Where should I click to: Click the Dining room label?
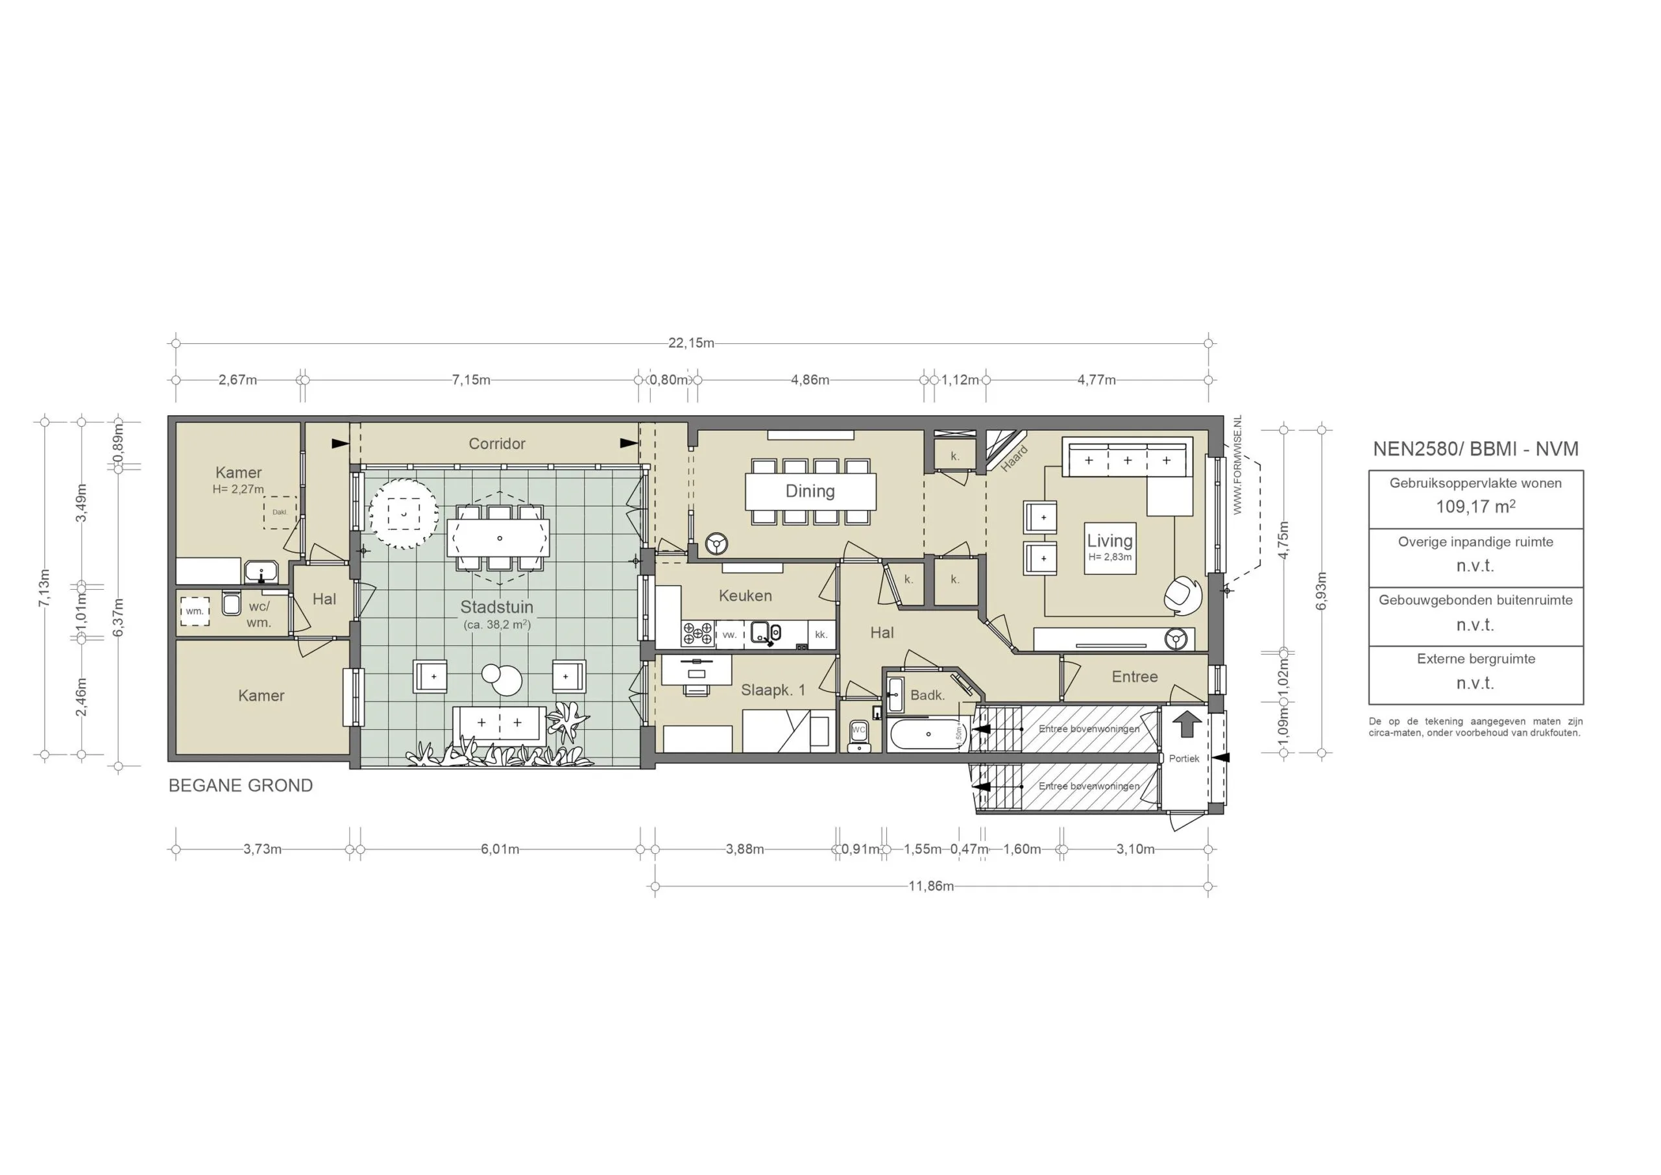(x=810, y=491)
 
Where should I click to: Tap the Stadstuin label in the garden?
(x=496, y=607)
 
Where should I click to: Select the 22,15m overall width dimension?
(x=691, y=343)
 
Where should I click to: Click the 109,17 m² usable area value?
(x=1475, y=507)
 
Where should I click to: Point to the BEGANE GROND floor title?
(x=240, y=786)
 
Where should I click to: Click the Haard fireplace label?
(x=1013, y=459)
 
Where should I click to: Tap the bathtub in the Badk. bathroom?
(x=928, y=734)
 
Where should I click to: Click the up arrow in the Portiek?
(x=1185, y=724)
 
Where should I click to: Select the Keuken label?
(x=745, y=596)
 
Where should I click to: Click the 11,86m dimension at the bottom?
(x=931, y=886)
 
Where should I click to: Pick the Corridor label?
(x=496, y=444)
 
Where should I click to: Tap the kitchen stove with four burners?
(x=697, y=634)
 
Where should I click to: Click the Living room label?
(x=1109, y=540)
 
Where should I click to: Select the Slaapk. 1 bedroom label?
(x=773, y=690)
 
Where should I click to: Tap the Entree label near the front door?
(x=1134, y=677)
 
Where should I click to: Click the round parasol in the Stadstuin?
(x=403, y=514)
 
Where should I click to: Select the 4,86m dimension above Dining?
(x=810, y=380)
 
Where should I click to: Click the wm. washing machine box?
(x=195, y=611)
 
